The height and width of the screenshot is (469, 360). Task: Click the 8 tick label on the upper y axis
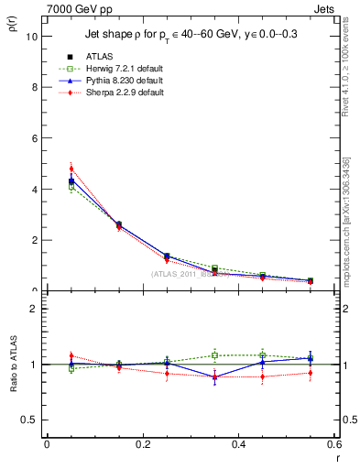pos(34,88)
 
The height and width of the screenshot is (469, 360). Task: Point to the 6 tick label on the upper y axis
pos(34,138)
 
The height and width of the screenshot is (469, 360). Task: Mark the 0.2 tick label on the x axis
pos(142,445)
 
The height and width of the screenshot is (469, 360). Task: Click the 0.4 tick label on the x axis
pos(238,445)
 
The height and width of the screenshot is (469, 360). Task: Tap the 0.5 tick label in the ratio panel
pos(29,420)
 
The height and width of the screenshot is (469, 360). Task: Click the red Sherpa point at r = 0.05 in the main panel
pos(71,169)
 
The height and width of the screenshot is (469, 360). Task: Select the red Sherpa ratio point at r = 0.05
pos(71,355)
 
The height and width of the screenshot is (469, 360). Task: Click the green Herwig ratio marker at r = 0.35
pos(214,355)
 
